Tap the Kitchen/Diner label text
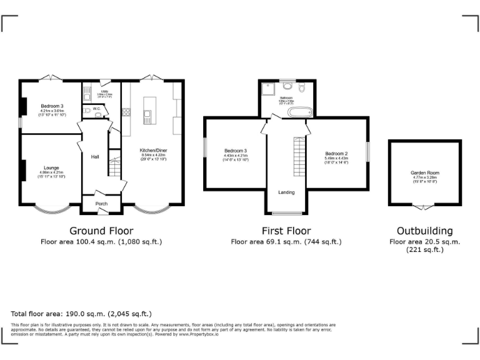(x=153, y=151)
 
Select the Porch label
(x=101, y=204)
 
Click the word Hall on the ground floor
(x=95, y=156)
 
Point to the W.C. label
(x=96, y=109)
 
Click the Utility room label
(x=104, y=92)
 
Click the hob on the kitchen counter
(x=126, y=112)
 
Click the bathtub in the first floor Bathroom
(x=299, y=112)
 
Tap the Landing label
(x=286, y=192)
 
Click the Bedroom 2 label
(x=336, y=154)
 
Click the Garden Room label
(x=424, y=172)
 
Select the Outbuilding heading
(x=424, y=230)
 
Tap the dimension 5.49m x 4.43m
(x=336, y=159)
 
